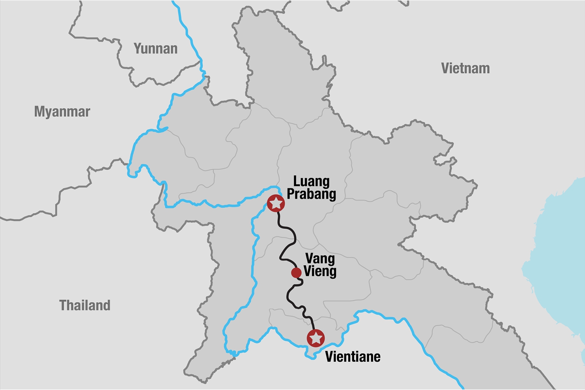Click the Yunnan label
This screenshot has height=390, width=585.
point(156,49)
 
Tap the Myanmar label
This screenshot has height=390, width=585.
point(62,112)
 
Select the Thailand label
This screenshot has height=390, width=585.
point(85,305)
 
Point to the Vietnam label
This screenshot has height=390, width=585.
point(465,68)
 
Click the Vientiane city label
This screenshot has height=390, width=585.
point(353,357)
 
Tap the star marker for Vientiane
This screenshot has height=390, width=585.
point(315,338)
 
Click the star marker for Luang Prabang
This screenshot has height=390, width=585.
point(276,203)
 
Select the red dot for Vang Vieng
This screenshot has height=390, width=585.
point(296,273)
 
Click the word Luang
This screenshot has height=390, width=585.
point(311,181)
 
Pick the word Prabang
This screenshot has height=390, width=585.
point(311,194)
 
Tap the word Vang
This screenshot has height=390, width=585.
point(320,259)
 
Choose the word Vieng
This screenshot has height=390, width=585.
point(320,271)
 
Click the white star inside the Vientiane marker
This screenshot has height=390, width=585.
point(315,338)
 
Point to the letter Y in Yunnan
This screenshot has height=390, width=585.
point(138,49)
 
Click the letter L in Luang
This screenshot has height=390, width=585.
point(297,181)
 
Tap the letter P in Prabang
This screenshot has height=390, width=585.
point(291,194)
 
